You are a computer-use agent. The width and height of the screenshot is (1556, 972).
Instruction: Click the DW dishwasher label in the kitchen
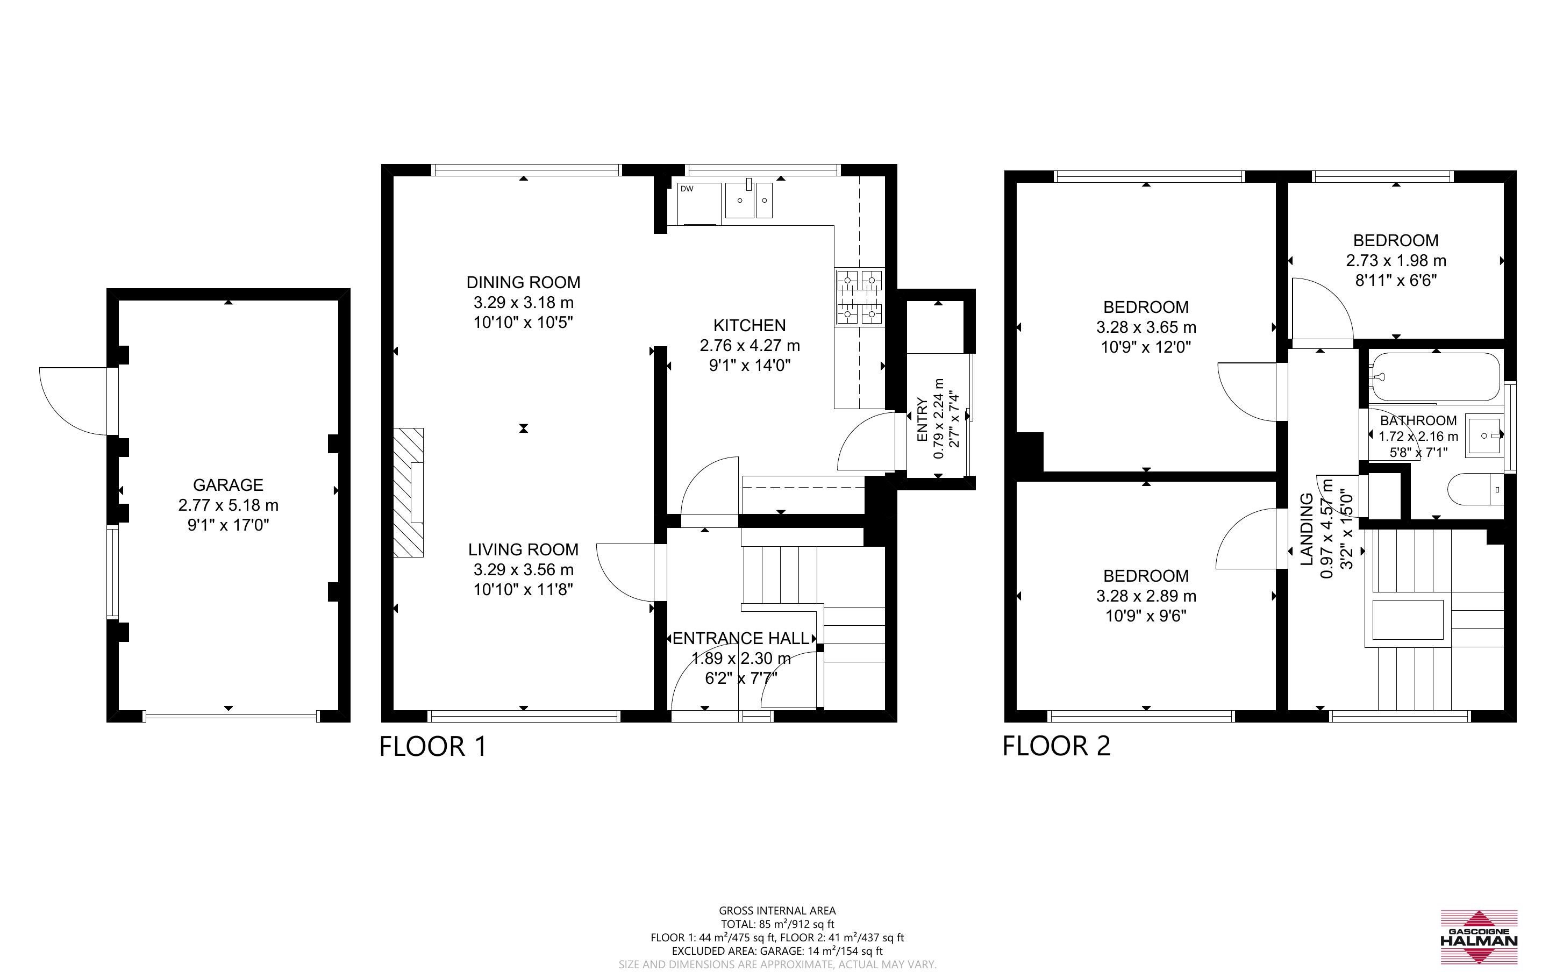point(687,189)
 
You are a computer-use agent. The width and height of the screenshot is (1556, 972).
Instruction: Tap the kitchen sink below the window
point(749,200)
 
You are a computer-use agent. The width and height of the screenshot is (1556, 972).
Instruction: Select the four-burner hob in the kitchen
point(859,296)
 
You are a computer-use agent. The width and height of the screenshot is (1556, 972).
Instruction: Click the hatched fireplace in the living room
point(409,492)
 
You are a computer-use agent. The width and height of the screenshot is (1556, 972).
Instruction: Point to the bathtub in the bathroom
point(1434,377)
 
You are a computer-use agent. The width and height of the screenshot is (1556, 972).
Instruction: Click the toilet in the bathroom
point(1476,490)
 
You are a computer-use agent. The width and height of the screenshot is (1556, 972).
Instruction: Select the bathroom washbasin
point(1484,436)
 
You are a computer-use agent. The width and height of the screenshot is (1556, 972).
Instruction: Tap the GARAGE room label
point(228,485)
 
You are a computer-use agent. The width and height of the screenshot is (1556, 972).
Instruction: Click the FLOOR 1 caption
point(433,746)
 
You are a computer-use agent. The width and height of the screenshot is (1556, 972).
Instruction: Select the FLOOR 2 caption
point(1057,746)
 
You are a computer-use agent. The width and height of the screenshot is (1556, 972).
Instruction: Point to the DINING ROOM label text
point(523,282)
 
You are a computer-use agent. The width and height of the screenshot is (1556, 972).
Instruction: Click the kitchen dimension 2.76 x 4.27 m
point(750,346)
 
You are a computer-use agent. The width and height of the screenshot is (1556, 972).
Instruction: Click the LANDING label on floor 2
point(1307,529)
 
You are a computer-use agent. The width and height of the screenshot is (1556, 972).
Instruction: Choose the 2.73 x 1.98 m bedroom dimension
point(1396,261)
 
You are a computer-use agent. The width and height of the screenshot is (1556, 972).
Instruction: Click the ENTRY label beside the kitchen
point(922,420)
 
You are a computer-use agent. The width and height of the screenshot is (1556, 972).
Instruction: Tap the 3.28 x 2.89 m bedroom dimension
point(1146,596)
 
